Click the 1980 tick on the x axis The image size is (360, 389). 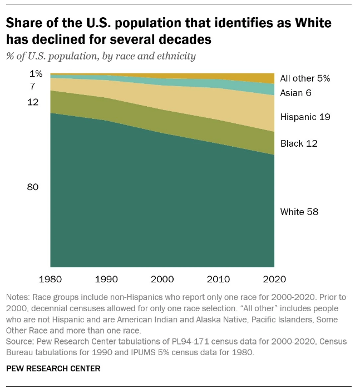51,278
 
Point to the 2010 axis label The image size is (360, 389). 218,278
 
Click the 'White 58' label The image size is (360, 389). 299,212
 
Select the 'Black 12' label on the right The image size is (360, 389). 299,143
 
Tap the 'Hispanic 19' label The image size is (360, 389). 305,117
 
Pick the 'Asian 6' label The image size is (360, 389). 295,93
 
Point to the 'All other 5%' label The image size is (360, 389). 305,78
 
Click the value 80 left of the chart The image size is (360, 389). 33,187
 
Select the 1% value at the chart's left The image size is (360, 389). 36,73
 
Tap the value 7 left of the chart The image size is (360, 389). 33,86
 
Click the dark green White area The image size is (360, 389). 161,206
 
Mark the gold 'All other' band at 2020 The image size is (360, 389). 267,77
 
